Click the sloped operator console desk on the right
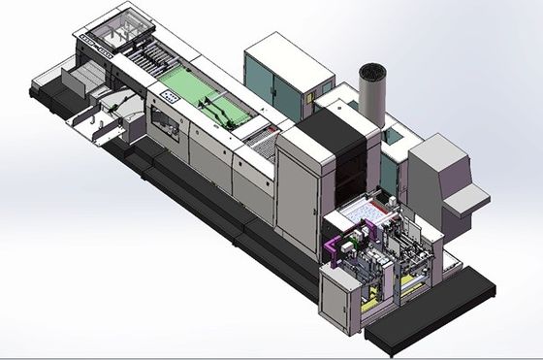click(466, 200)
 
